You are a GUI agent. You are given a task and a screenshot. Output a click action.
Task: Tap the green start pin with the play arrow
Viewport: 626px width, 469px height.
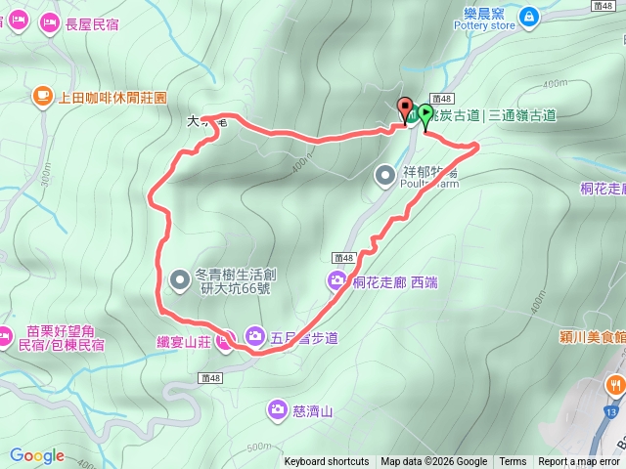pos(425,115)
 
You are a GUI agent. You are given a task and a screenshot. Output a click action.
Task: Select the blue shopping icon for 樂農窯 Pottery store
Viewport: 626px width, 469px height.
pos(528,17)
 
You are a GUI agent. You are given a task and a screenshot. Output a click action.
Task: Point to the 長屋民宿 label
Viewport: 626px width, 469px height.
pos(91,24)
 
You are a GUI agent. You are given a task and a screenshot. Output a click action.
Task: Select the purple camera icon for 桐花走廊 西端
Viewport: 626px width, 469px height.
pos(336,281)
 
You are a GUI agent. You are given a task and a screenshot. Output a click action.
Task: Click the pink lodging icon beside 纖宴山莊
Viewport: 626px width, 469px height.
pos(224,340)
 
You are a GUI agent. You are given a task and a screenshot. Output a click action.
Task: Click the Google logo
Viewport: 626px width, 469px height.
pos(37,455)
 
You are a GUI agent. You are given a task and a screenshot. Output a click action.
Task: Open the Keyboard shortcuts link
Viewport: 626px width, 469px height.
pos(327,462)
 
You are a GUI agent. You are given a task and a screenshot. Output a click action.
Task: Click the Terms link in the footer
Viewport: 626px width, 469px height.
pos(513,462)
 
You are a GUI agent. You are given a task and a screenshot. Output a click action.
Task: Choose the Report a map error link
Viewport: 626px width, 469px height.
pos(580,462)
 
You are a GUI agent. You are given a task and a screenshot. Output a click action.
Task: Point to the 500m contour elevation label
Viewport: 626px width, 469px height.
pos(258,447)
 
